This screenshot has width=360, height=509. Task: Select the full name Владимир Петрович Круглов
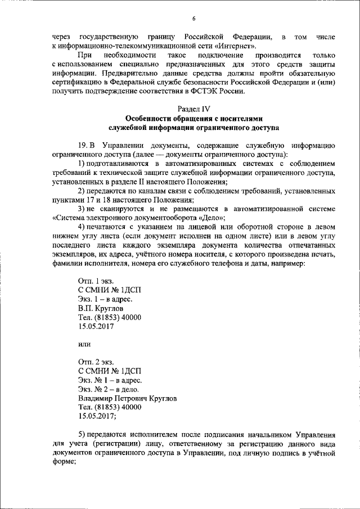click(x=127, y=398)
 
